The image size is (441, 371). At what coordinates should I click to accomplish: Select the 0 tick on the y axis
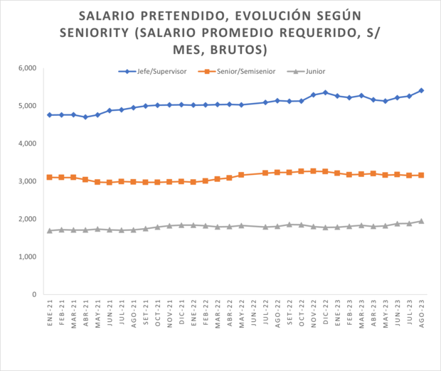(33, 294)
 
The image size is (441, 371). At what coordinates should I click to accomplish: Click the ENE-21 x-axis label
(49, 313)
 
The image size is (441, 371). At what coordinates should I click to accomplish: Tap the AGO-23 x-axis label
(422, 313)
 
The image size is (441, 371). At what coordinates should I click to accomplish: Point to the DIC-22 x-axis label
(326, 313)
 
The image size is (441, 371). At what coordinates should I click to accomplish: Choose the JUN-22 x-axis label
(253, 313)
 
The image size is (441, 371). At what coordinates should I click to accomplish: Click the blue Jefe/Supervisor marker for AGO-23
(422, 90)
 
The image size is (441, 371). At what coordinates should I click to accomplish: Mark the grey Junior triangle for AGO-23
(422, 221)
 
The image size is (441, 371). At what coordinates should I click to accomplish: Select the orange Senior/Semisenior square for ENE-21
(49, 177)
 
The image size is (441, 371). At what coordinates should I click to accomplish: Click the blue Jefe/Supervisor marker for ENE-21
(49, 115)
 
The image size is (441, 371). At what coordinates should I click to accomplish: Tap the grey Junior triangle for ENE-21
(49, 230)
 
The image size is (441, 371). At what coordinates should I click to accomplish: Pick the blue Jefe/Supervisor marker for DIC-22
(326, 92)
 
